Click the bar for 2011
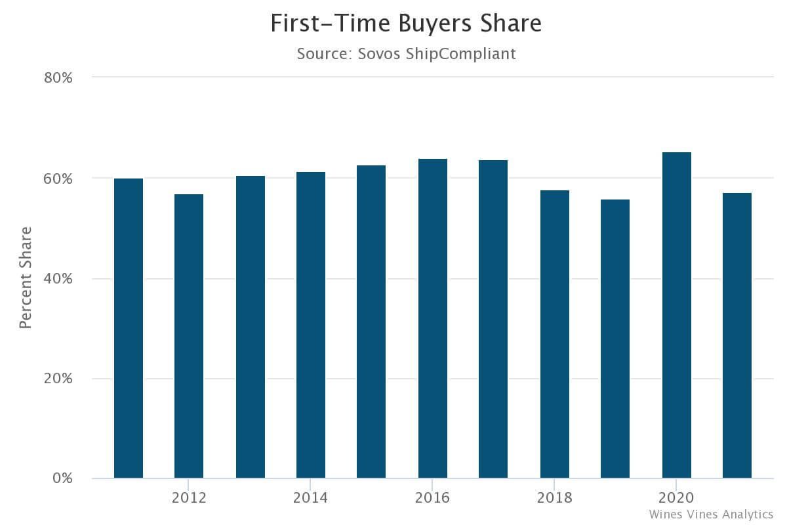[x=129, y=328]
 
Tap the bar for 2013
[x=251, y=327]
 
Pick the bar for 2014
[x=311, y=325]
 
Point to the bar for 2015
[x=371, y=322]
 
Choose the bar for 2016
[x=433, y=318]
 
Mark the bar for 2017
[x=493, y=319]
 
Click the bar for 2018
[x=555, y=334]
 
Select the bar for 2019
[x=615, y=339]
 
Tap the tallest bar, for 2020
[x=677, y=315]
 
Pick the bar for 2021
[x=737, y=335]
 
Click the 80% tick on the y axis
[x=58, y=77]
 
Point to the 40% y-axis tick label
[x=58, y=278]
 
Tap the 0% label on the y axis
[x=63, y=478]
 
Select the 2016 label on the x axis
[x=433, y=497]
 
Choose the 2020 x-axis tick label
[x=677, y=497]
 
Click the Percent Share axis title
[x=26, y=278]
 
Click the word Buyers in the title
[x=435, y=24]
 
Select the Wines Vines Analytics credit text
[x=711, y=514]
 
